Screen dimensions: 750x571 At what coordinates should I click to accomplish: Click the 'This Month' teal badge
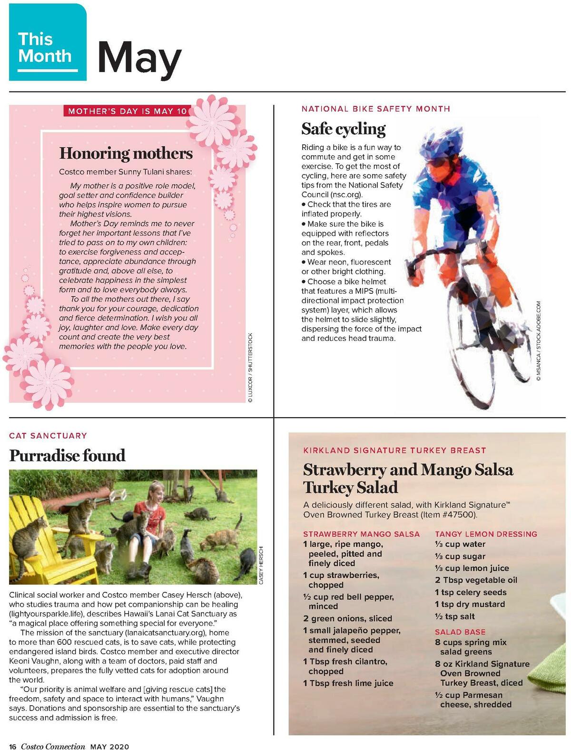pyautogui.click(x=48, y=43)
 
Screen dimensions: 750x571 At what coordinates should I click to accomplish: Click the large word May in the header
pyautogui.click(x=139, y=58)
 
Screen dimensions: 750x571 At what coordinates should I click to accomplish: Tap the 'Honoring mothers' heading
pyautogui.click(x=126, y=153)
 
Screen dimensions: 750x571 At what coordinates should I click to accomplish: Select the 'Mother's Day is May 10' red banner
pyautogui.click(x=127, y=111)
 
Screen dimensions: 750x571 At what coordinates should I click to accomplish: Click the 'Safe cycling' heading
pyautogui.click(x=344, y=129)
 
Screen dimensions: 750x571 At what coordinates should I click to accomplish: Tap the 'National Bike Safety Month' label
pyautogui.click(x=376, y=109)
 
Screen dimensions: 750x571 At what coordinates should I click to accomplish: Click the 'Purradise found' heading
pyautogui.click(x=67, y=456)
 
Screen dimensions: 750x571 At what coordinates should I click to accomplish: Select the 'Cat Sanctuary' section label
pyautogui.click(x=48, y=435)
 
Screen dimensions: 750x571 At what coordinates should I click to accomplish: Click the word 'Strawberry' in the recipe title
pyautogui.click(x=344, y=470)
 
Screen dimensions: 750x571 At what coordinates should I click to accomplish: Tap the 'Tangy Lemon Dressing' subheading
pyautogui.click(x=486, y=534)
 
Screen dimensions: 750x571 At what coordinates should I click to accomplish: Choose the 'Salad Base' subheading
pyautogui.click(x=460, y=632)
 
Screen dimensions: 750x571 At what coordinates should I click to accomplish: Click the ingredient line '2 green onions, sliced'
pyautogui.click(x=348, y=618)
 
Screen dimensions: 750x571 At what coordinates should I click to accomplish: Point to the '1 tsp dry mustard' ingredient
pyautogui.click(x=470, y=604)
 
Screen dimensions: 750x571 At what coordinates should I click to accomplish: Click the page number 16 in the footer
pyautogui.click(x=13, y=746)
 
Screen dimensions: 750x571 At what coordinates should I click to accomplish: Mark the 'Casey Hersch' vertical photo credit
pyautogui.click(x=261, y=565)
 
